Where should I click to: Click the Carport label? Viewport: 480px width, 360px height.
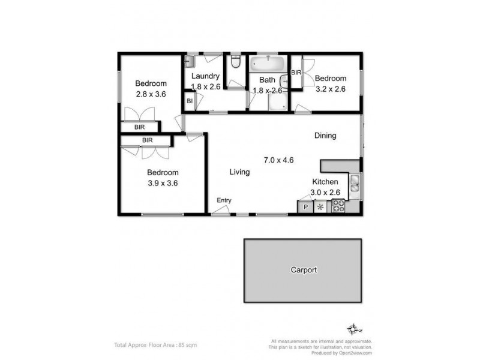[x=303, y=270]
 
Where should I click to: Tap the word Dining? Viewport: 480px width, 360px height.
[x=325, y=136]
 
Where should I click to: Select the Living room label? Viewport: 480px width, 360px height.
[x=239, y=172]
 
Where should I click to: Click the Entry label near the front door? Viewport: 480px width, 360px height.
[x=224, y=200]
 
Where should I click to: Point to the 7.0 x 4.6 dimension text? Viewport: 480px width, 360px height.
[x=278, y=160]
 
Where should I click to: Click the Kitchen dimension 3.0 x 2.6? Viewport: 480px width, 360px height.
[x=326, y=192]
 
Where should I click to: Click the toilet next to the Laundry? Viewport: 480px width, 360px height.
[x=236, y=62]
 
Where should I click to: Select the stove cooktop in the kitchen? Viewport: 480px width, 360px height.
[x=338, y=207]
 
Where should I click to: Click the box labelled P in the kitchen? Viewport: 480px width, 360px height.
[x=305, y=208]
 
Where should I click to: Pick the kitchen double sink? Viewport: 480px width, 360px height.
[x=355, y=183]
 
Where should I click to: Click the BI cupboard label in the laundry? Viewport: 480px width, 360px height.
[x=189, y=101]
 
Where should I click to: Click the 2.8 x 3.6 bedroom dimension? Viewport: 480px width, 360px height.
[x=150, y=94]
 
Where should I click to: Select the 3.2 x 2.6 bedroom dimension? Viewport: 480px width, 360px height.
[x=330, y=89]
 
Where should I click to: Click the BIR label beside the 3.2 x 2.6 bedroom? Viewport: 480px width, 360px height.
[x=296, y=73]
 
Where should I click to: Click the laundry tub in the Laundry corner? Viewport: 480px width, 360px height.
[x=190, y=61]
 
